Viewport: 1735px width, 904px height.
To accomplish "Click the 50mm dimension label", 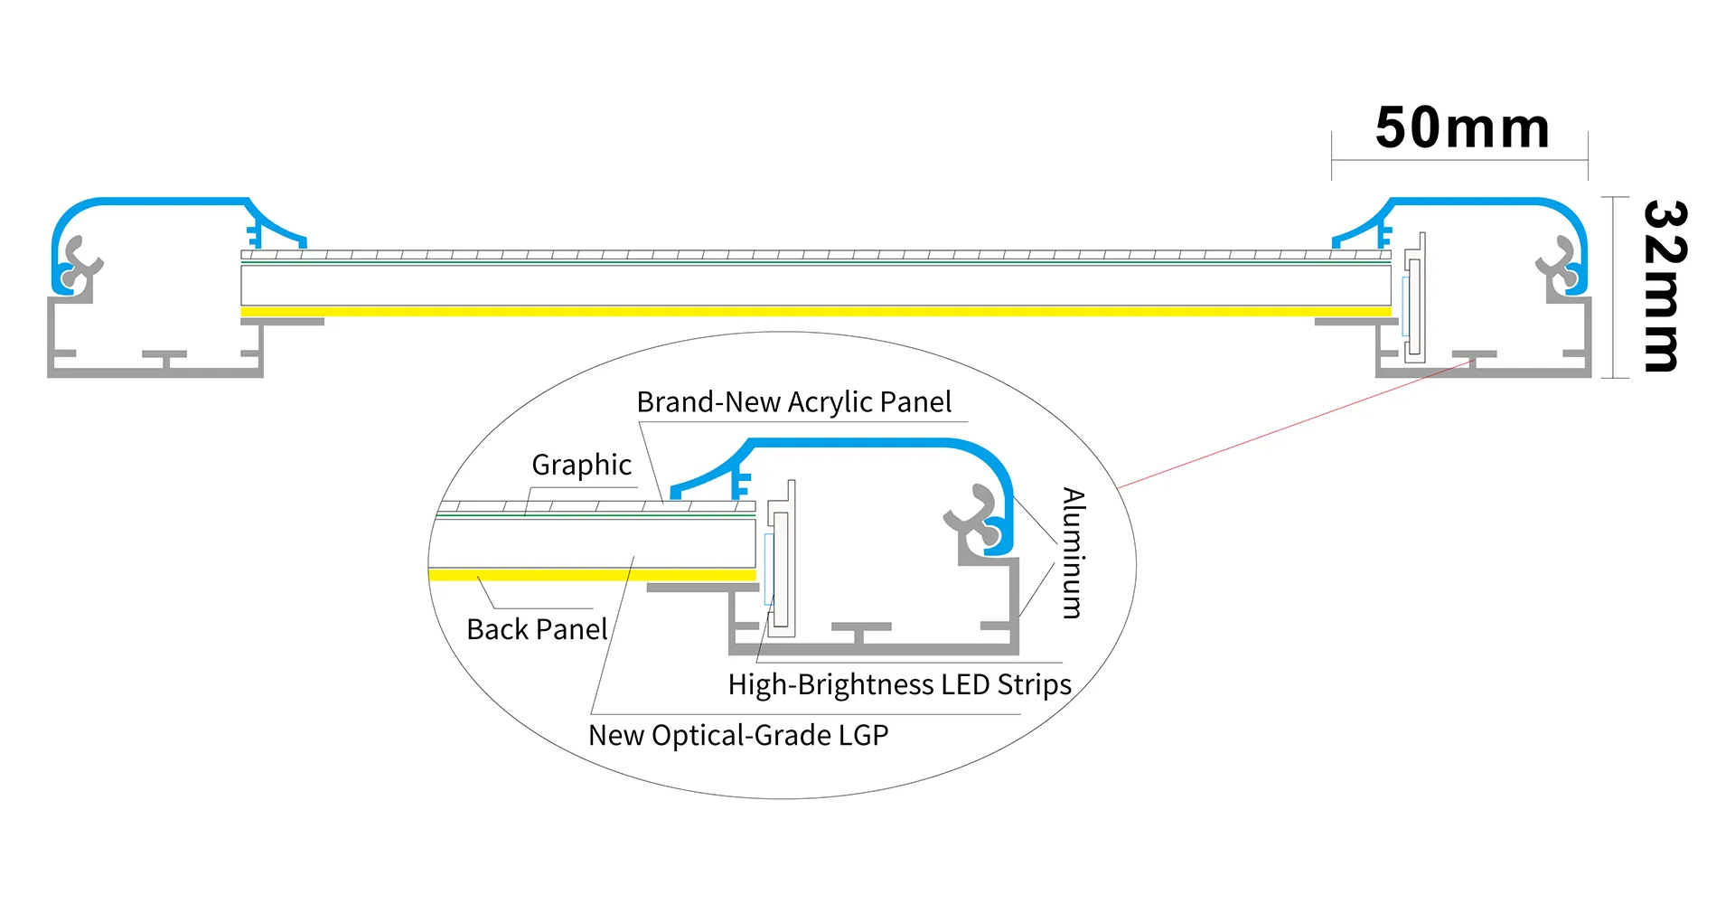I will pos(1461,128).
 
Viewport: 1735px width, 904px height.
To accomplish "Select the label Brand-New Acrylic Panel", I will pos(793,402).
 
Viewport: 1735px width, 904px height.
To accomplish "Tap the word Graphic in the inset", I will pos(581,465).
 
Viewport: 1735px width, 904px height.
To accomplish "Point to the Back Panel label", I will pos(537,629).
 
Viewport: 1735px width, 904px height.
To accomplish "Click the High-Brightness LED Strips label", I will pos(899,684).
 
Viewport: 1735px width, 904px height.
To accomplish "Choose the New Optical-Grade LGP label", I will pos(738,735).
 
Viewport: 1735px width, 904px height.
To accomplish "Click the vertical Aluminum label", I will pos(1073,552).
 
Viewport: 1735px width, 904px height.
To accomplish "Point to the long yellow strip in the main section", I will pos(813,312).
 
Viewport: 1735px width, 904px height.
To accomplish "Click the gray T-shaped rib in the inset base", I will pos(860,630).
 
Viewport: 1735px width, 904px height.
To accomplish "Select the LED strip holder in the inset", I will pos(781,560).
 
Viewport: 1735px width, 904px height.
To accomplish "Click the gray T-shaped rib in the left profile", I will pos(164,358).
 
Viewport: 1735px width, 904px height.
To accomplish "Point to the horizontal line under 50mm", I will pos(1459,161).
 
